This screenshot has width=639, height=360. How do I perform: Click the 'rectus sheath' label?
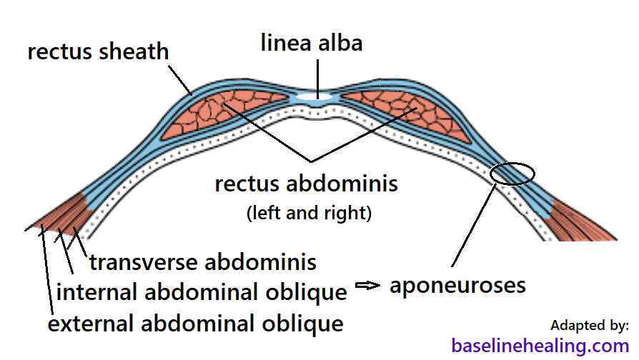(98, 52)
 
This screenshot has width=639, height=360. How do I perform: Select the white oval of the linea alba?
(314, 96)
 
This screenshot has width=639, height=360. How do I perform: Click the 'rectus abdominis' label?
(306, 184)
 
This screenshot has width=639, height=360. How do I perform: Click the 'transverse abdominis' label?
(202, 262)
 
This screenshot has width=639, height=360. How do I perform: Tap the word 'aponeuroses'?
(457, 286)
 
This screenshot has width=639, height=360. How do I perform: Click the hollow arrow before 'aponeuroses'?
(366, 286)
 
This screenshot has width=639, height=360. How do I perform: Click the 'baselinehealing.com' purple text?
(540, 346)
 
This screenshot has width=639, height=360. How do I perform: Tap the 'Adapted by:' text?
(590, 325)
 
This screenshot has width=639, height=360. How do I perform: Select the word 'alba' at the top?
(340, 43)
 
